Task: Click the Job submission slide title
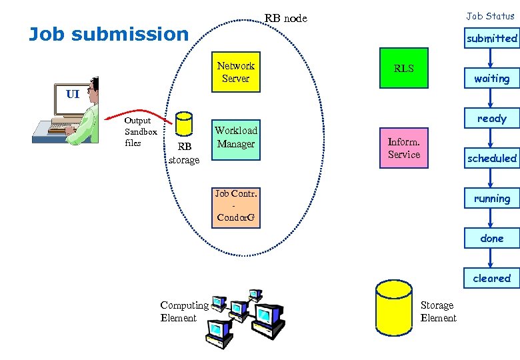point(109,34)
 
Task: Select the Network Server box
point(235,72)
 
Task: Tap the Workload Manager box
point(235,137)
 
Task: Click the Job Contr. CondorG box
point(235,206)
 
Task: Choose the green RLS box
point(404,68)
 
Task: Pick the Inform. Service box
point(404,148)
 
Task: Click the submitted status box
point(491,39)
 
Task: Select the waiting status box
point(491,79)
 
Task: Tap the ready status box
point(491,119)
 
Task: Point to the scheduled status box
point(491,159)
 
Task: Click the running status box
point(491,199)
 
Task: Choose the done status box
point(491,239)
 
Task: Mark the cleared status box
point(491,279)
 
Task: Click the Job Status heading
point(490,16)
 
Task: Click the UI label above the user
point(73,94)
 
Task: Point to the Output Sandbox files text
point(140,131)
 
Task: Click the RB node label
point(286,18)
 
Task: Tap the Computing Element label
point(184,311)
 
